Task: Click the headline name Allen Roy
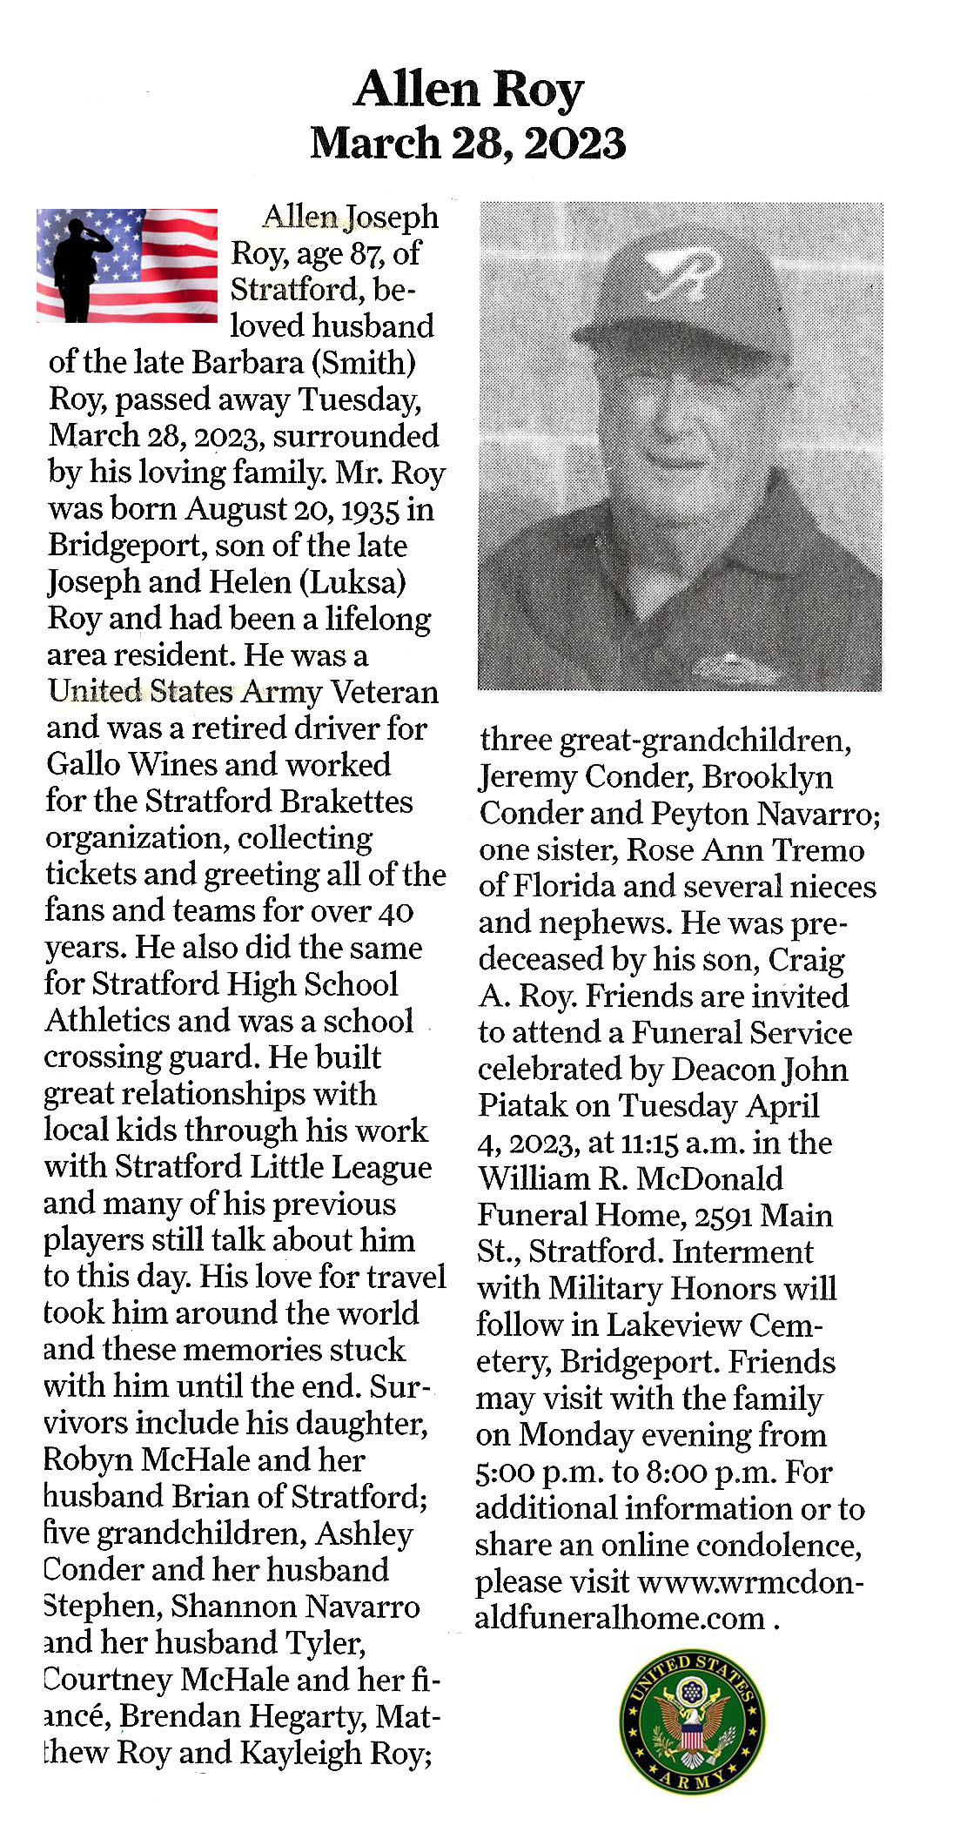click(x=468, y=89)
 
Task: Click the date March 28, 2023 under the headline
click(x=468, y=144)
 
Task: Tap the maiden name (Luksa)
click(x=352, y=581)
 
